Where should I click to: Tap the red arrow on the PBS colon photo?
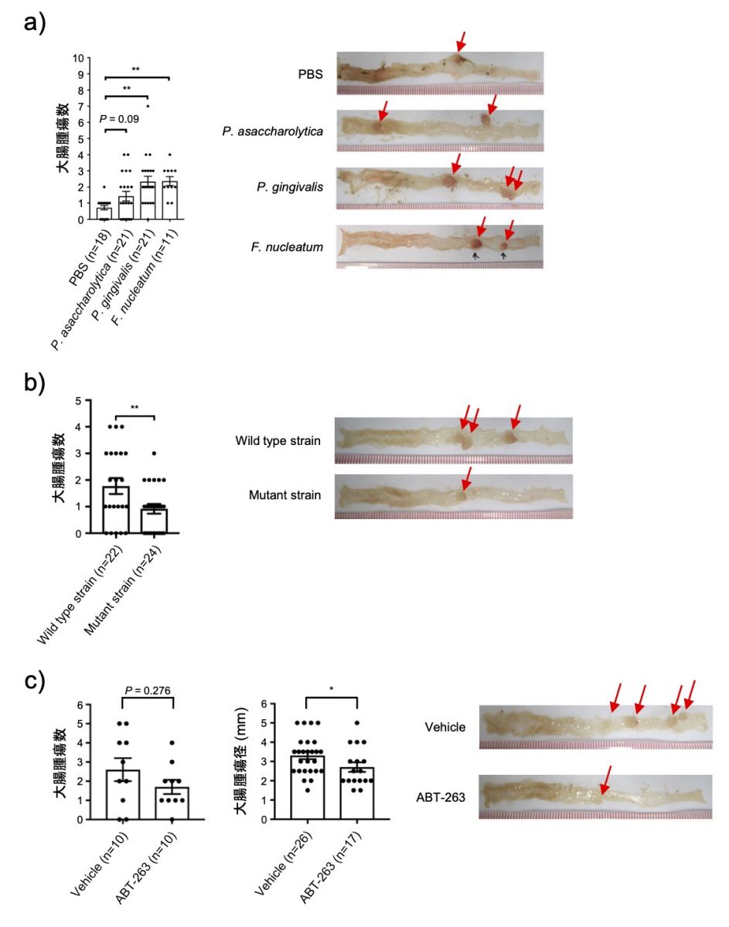point(461,42)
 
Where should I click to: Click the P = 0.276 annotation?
point(148,691)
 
